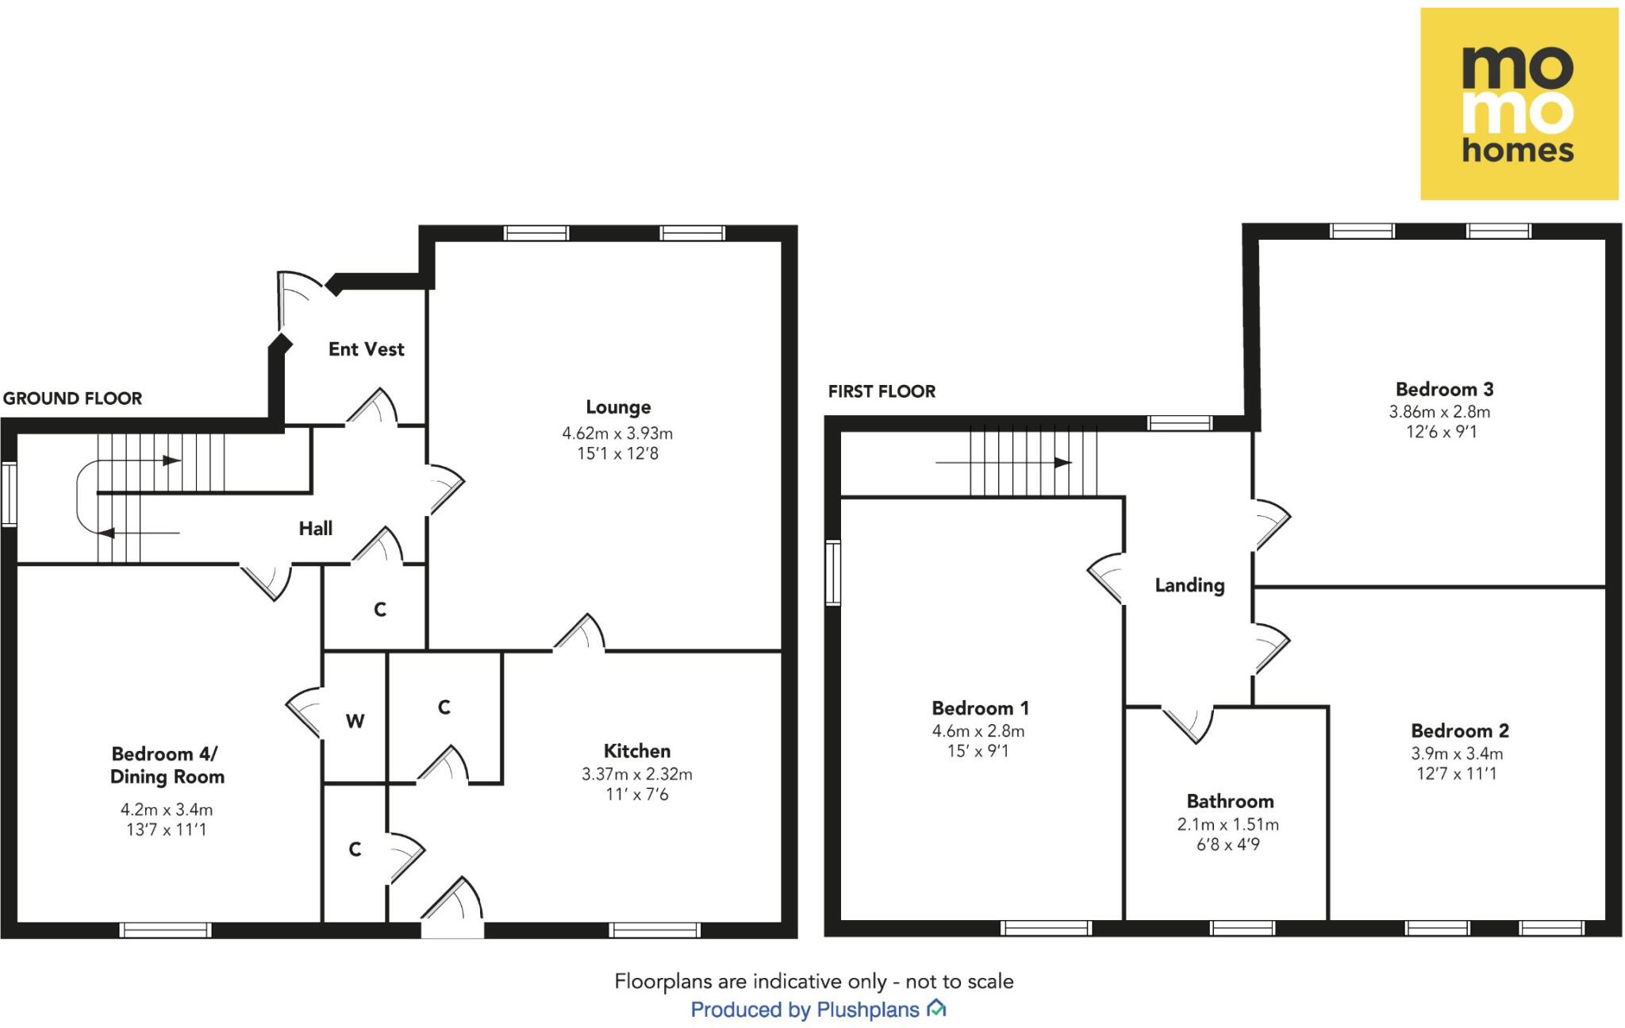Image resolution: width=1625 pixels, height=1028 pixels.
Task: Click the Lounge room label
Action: point(618,407)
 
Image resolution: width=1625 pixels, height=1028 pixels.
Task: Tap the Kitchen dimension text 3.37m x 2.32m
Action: point(636,774)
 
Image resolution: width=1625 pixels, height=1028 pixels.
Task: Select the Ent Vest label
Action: point(366,349)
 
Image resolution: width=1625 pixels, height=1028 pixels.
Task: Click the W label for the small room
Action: point(355,722)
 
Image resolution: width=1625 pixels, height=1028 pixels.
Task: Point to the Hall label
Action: point(315,529)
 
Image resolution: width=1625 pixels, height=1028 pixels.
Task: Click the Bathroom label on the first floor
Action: point(1230,801)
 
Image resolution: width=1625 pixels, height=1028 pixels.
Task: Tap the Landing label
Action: point(1189,586)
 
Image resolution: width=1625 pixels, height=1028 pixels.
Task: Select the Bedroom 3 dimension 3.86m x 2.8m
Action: point(1439,412)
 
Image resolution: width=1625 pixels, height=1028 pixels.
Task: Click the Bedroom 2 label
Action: point(1460,731)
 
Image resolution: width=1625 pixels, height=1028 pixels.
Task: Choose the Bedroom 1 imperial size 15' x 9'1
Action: point(978,751)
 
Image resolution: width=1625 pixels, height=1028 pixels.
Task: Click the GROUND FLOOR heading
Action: point(72,398)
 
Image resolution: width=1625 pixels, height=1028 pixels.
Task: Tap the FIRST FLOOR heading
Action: point(882,391)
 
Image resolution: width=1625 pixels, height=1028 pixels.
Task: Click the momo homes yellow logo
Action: point(1519,104)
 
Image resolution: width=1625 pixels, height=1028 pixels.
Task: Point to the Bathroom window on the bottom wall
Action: point(1243,928)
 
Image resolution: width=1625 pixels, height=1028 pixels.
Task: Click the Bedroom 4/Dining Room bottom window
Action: point(165,930)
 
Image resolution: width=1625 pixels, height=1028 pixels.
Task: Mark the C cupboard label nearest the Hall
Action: point(380,610)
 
